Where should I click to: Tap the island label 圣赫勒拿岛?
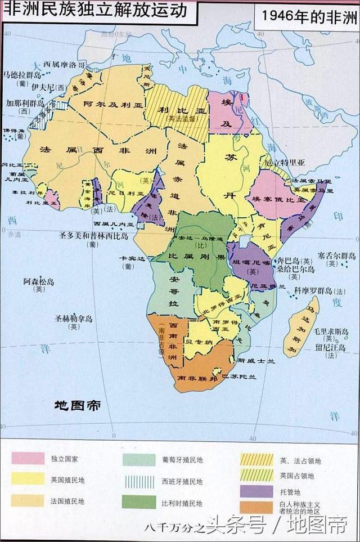(x=73, y=319)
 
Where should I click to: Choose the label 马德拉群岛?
(x=22, y=74)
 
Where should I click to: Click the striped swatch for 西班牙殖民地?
(x=139, y=481)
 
